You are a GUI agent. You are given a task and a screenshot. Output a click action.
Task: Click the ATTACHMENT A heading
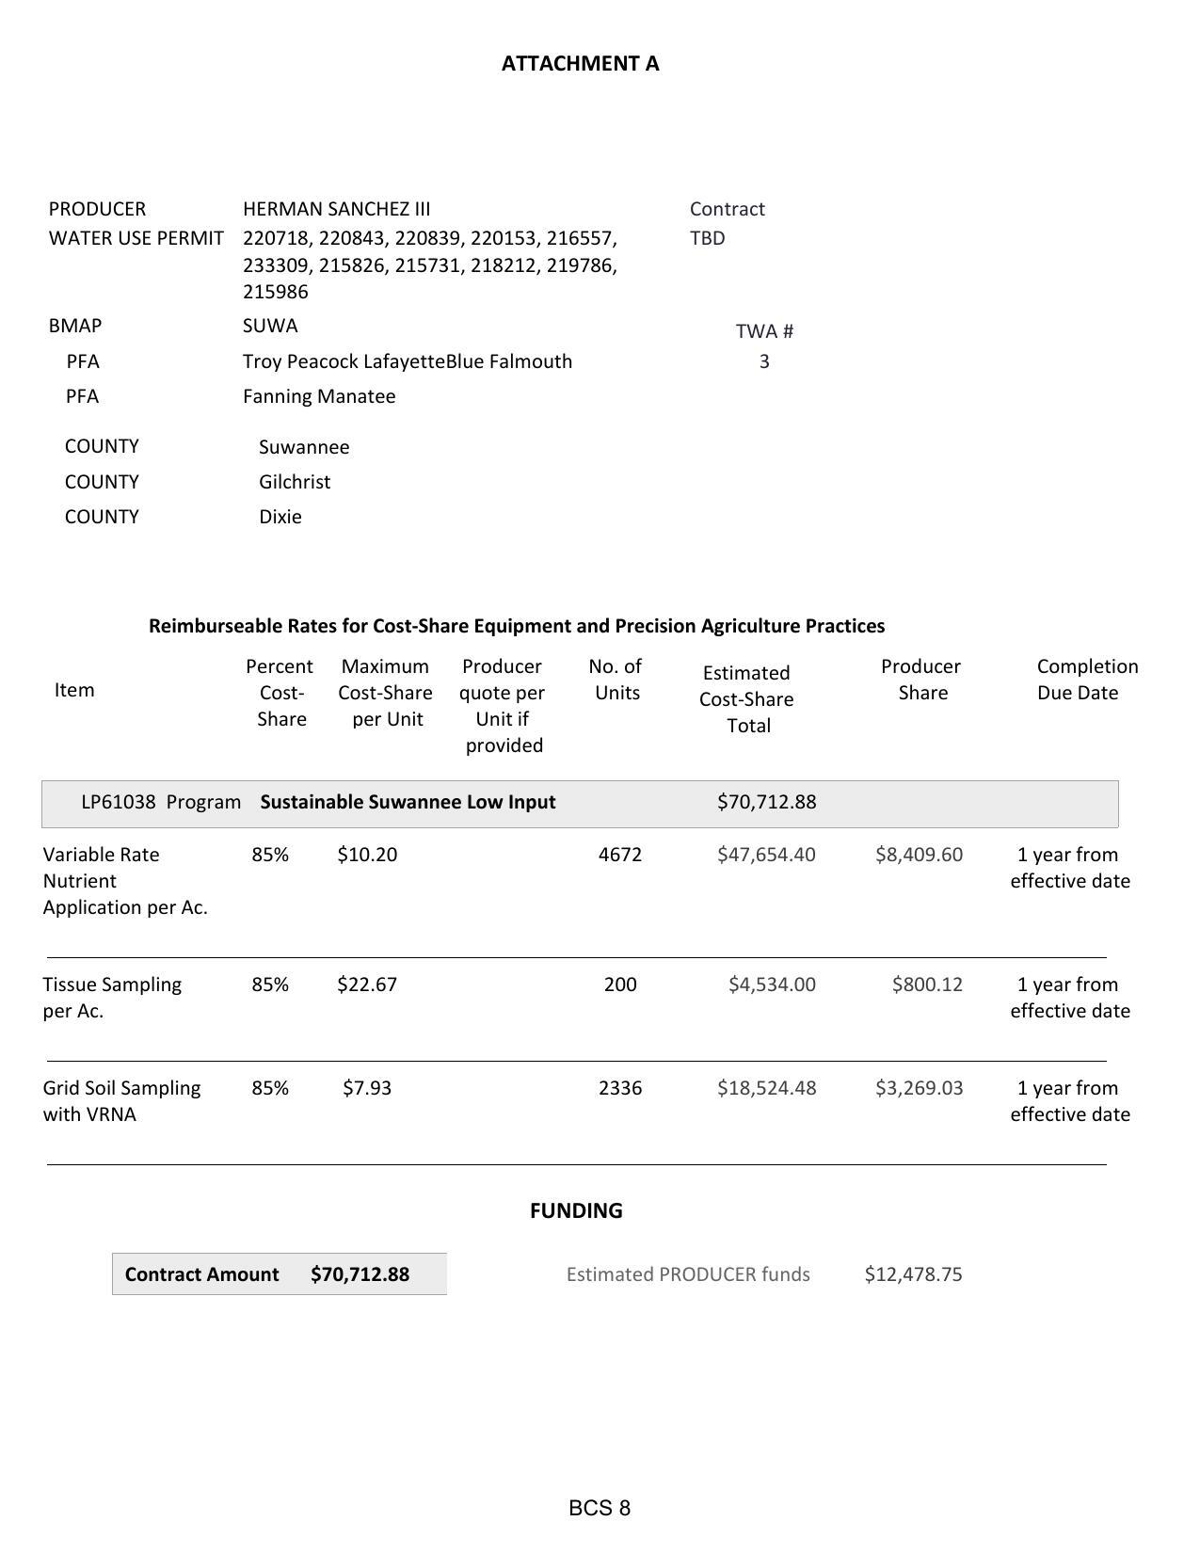click(x=580, y=63)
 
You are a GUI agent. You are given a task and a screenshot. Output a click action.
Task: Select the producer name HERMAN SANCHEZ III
click(x=336, y=209)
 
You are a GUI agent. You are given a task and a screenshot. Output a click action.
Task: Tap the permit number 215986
click(x=275, y=292)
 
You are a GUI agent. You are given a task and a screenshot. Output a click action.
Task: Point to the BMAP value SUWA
click(x=270, y=326)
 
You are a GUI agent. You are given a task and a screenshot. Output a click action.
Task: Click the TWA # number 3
click(x=764, y=361)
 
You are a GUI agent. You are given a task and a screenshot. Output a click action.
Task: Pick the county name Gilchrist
click(x=295, y=482)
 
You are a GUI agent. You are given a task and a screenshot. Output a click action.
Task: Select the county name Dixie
click(x=280, y=517)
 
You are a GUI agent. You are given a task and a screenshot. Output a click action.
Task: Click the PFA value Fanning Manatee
click(x=319, y=396)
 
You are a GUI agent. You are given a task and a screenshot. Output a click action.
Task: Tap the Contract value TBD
click(x=707, y=238)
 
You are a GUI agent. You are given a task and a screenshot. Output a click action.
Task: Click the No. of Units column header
click(x=616, y=680)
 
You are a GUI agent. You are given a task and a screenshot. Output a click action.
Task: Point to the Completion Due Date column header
click(x=1086, y=680)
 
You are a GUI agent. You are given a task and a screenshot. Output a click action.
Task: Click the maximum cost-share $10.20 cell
click(x=367, y=855)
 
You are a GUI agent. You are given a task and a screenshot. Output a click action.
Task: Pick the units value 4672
click(x=620, y=855)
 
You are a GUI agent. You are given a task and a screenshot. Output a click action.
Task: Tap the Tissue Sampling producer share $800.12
click(x=927, y=985)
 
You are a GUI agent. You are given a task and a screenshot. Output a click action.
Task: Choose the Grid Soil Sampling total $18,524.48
click(x=766, y=1088)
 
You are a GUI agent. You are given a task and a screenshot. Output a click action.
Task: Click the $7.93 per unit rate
click(x=367, y=1088)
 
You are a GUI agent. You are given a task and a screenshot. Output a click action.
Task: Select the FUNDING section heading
click(x=576, y=1210)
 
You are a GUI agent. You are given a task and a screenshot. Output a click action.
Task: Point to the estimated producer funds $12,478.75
click(x=913, y=1274)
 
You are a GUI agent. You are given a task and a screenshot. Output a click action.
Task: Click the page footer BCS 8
click(x=600, y=1508)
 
